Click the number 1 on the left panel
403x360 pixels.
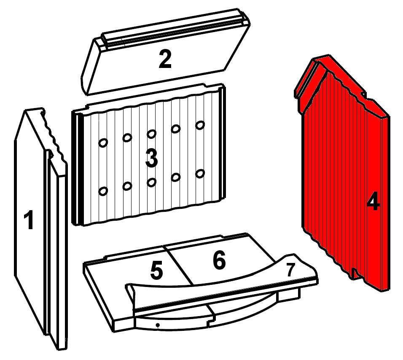(x=29, y=220)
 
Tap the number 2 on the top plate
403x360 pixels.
(x=165, y=60)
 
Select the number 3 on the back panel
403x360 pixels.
(x=151, y=159)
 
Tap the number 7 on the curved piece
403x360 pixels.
(x=291, y=270)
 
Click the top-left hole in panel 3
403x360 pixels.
(x=103, y=143)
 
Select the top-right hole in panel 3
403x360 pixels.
(x=200, y=125)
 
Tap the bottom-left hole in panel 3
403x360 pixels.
(x=103, y=191)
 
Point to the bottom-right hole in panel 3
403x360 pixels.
(x=200, y=174)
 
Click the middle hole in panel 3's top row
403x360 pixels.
(x=151, y=134)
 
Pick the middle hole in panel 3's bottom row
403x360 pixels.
(x=151, y=182)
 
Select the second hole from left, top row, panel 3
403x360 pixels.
(x=127, y=138)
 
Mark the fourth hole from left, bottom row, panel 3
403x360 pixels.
(x=176, y=177)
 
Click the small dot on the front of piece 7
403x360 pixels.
(x=158, y=325)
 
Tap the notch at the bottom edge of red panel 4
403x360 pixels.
(x=355, y=274)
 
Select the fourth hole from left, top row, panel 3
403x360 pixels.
(x=176, y=129)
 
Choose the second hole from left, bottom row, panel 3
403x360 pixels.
(x=127, y=186)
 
